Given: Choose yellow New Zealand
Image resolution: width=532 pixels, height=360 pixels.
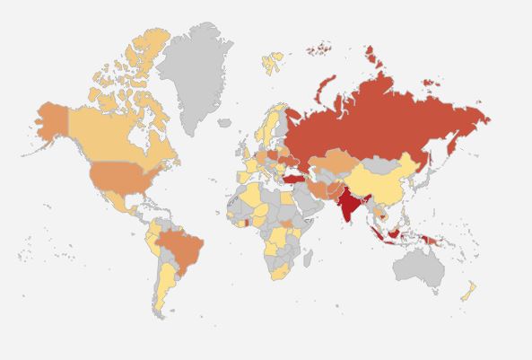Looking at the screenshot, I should [x=467, y=292].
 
